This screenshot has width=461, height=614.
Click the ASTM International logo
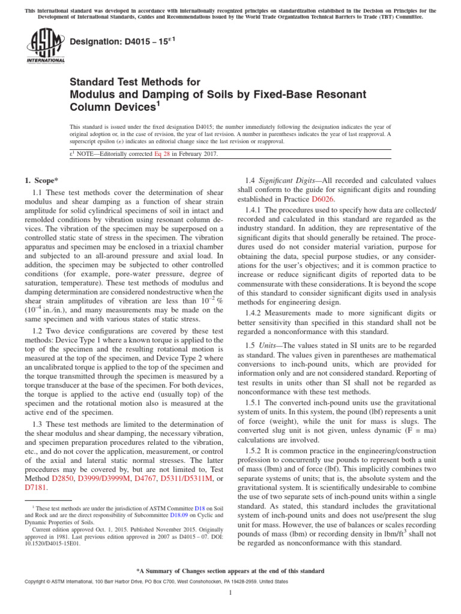[45, 46]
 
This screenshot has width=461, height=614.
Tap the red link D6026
[323, 198]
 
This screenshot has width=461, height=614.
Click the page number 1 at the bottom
[230, 593]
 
